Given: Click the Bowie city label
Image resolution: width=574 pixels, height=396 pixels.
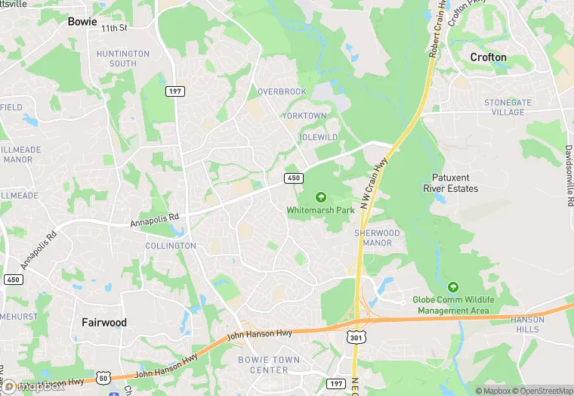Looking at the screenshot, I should (x=82, y=21).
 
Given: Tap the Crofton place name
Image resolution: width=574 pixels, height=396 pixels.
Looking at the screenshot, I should (x=488, y=57).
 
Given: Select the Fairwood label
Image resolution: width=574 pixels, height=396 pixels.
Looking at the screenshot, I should (x=104, y=322).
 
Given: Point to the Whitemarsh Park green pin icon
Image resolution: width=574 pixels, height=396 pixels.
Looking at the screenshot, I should (x=321, y=197).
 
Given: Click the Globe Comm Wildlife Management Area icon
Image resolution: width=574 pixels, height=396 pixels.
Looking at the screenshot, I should (x=453, y=287).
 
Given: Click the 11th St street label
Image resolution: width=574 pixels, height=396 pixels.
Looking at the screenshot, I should (x=116, y=27).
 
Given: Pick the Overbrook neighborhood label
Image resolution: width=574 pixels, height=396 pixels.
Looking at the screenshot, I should (x=282, y=91).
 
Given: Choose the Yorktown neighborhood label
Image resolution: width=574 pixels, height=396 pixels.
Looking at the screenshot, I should (x=304, y=116).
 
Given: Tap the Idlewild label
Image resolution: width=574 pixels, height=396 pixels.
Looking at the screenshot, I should (x=318, y=137).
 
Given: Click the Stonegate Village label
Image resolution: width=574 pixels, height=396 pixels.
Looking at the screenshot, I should (x=508, y=107).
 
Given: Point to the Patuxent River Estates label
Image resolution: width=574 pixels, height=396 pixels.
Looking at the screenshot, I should (x=450, y=183).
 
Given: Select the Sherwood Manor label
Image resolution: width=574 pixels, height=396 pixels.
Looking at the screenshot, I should (x=377, y=238).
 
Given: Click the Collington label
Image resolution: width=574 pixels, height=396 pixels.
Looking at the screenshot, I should (x=170, y=246).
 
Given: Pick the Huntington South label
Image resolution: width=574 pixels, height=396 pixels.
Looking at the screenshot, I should (x=123, y=59).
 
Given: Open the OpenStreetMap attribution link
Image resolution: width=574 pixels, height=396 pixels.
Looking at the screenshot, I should (x=537, y=391).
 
